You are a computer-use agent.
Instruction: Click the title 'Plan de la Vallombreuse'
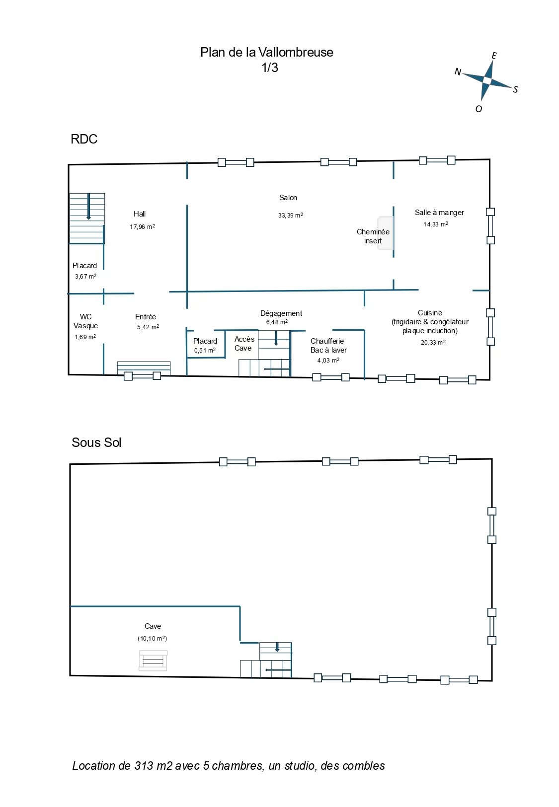tap(266, 52)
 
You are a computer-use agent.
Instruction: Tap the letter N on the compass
tap(457, 72)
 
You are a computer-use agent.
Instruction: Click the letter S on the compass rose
tap(515, 89)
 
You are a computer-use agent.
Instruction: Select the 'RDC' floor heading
tap(84, 139)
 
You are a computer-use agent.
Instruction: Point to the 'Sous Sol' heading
tap(96, 442)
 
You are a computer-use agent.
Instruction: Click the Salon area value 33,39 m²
tap(290, 215)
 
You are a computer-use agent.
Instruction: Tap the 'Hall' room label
tap(140, 214)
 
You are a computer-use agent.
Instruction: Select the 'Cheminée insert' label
tap(373, 236)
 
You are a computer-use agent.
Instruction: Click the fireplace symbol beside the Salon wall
tap(385, 233)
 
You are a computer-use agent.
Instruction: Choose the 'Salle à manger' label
tap(439, 213)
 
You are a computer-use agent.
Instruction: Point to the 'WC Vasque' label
tap(85, 321)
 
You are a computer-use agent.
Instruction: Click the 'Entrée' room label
tap(145, 317)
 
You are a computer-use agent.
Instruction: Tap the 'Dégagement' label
tap(281, 313)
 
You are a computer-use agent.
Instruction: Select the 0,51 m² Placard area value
tap(205, 350)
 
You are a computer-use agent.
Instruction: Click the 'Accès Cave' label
tap(244, 343)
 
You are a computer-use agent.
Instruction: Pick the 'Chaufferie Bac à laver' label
tap(328, 346)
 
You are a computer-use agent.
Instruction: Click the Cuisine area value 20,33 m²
tap(433, 342)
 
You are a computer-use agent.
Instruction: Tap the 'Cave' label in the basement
tap(153, 626)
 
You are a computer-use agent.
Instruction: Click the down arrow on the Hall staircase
tap(88, 207)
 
